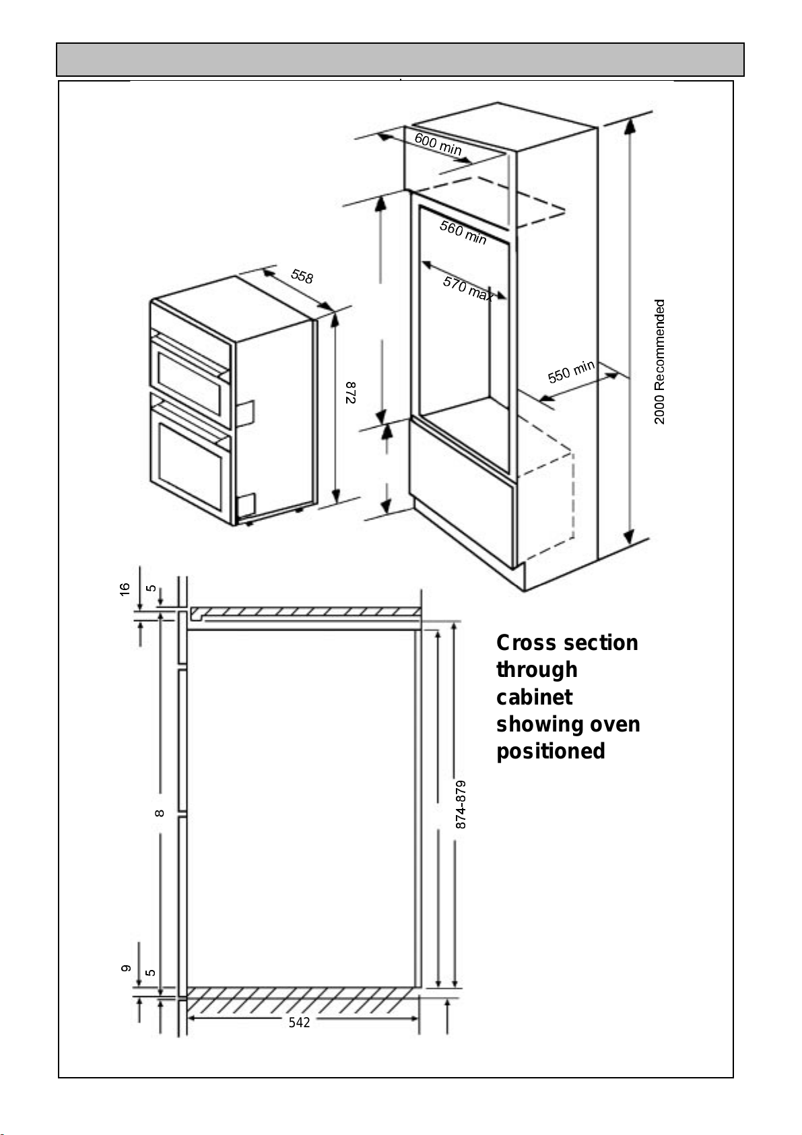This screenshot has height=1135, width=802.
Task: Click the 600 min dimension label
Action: point(438,144)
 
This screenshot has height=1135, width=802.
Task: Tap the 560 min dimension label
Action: point(463,232)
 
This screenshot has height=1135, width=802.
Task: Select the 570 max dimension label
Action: point(468,288)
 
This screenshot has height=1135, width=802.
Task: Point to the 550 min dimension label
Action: point(571,371)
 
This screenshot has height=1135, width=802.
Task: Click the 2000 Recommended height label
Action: point(660,362)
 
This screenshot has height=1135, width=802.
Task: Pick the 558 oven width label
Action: point(302,276)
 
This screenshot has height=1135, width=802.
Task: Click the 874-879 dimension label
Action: point(461,804)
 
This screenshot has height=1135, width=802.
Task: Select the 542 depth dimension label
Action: point(300,1023)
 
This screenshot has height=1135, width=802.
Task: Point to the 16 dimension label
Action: point(125,589)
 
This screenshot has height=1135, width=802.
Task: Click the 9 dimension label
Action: point(125,969)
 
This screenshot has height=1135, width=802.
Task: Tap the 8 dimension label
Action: point(160,813)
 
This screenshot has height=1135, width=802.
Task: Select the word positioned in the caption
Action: point(550,751)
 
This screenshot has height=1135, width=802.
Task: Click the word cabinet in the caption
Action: point(534,697)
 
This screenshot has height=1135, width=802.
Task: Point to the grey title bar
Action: point(400,59)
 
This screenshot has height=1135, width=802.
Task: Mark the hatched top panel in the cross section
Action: point(306,612)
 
